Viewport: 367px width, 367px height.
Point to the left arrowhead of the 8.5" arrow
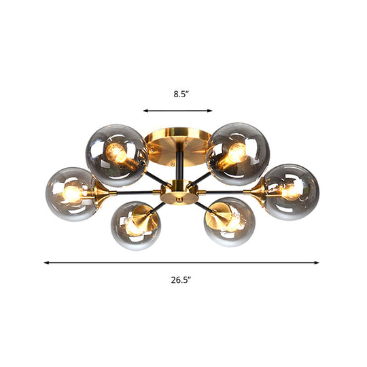[145, 110]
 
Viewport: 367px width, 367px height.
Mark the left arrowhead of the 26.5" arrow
[46, 262]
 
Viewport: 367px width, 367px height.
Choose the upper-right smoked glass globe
[237, 152]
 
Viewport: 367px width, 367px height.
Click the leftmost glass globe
[71, 194]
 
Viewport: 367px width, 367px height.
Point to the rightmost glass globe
[290, 192]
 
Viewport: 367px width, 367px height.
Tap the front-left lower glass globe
[135, 225]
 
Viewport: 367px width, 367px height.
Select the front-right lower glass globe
[229, 222]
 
